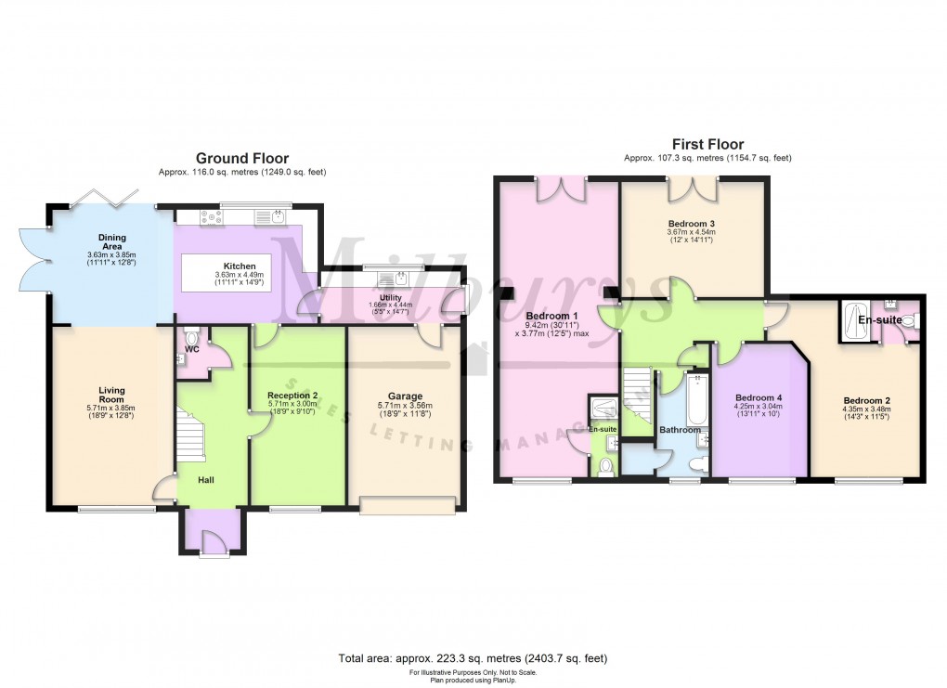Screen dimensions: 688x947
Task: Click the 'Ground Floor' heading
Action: click(x=241, y=159)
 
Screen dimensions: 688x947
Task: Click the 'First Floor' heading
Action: click(x=707, y=144)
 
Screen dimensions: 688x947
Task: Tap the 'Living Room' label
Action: click(x=111, y=396)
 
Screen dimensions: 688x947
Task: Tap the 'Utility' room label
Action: click(x=389, y=297)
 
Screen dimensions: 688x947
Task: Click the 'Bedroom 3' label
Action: click(x=691, y=224)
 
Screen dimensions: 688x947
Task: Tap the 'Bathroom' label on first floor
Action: click(x=680, y=430)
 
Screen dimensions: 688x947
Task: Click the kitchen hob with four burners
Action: click(x=209, y=219)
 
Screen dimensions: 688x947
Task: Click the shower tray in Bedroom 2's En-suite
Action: click(x=855, y=320)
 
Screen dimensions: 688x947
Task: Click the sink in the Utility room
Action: click(x=400, y=278)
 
